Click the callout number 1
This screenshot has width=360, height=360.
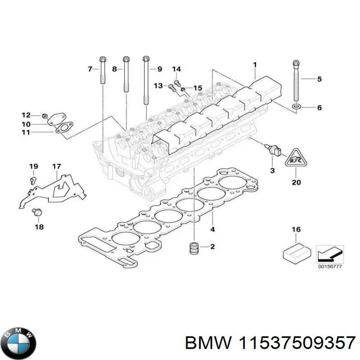pos(255,65)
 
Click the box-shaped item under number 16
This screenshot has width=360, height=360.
pos(296,252)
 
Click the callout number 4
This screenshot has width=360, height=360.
pos(213,229)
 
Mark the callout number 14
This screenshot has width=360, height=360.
pos(176,69)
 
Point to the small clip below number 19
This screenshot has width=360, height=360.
pos(31,180)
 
